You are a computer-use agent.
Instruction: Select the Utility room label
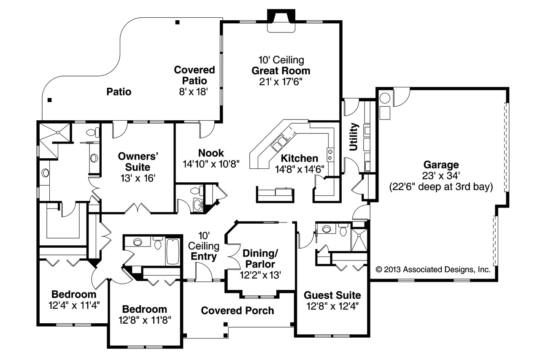(354, 137)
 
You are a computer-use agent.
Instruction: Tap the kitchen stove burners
(330, 154)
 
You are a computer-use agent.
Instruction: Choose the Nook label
(211, 153)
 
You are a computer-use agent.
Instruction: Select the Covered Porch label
(237, 311)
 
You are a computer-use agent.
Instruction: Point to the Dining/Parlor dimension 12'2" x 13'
(259, 275)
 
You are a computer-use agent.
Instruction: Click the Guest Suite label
(332, 295)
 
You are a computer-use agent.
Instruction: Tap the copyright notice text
(433, 269)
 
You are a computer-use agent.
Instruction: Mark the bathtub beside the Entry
(173, 252)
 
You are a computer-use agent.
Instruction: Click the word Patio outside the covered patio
(119, 92)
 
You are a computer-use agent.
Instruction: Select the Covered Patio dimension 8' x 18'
(194, 92)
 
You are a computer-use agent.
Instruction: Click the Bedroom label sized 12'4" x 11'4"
(74, 294)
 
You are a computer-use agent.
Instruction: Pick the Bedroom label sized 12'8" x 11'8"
(145, 309)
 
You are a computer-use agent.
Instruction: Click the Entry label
(204, 256)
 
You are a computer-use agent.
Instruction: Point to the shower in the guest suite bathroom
(359, 240)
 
